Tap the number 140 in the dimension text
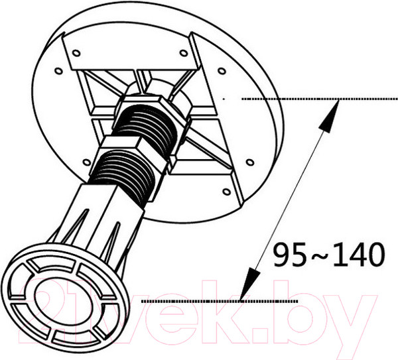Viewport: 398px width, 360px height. pos(359,254)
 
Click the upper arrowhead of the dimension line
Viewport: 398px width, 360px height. pos(329,115)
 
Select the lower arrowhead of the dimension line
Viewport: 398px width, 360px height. pos(250,284)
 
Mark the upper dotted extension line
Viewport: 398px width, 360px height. pos(319,99)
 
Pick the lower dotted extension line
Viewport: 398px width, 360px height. pos(220,301)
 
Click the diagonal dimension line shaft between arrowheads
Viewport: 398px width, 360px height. pos(290,200)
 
